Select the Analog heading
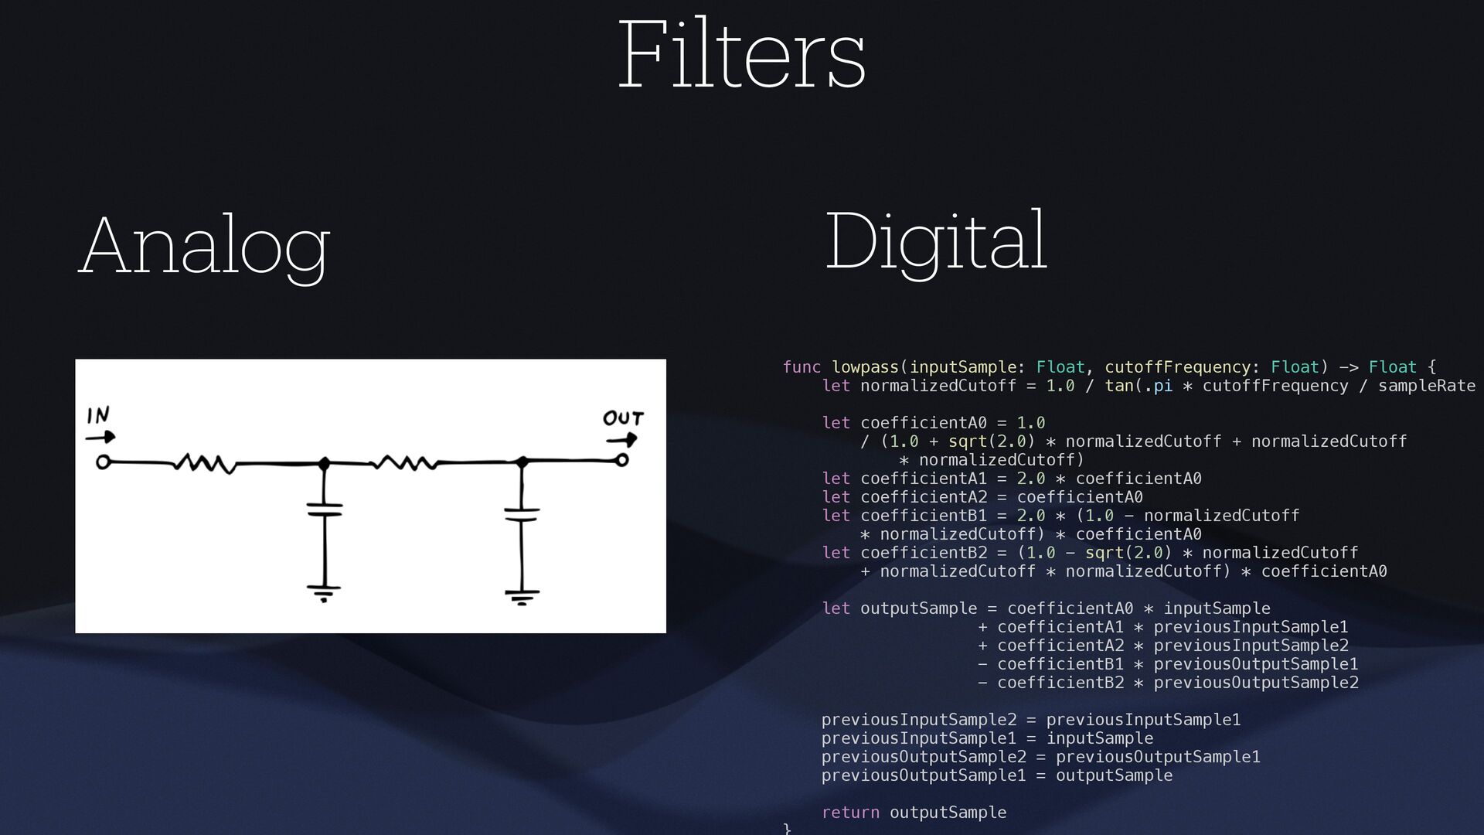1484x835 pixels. [x=205, y=246]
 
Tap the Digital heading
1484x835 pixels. [x=936, y=241]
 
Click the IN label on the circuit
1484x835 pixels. [x=98, y=416]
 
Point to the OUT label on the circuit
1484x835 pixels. [x=623, y=418]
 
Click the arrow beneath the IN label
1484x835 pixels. [x=100, y=437]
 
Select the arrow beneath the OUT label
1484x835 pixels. [x=621, y=440]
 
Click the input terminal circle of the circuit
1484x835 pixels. [x=102, y=462]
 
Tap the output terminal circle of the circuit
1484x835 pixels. [x=621, y=461]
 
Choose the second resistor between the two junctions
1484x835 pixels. [x=404, y=463]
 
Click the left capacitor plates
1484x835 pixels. [x=325, y=510]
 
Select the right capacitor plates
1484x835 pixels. [x=522, y=514]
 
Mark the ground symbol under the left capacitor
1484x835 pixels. [x=324, y=592]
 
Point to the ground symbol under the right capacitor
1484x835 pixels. [x=522, y=596]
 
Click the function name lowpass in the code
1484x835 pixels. [x=865, y=367]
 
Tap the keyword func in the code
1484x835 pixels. [x=802, y=367]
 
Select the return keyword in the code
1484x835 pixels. [x=850, y=813]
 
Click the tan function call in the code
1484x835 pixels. [x=1118, y=386]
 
